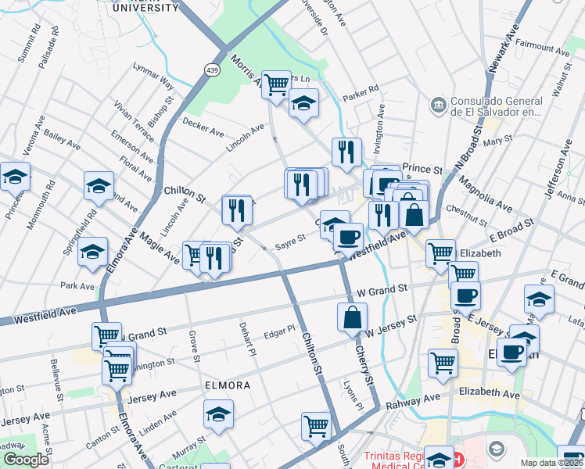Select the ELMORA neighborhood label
[x=227, y=385]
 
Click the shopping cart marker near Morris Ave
[x=276, y=84]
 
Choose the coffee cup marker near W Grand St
[x=466, y=295]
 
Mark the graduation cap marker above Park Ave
[x=92, y=252]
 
